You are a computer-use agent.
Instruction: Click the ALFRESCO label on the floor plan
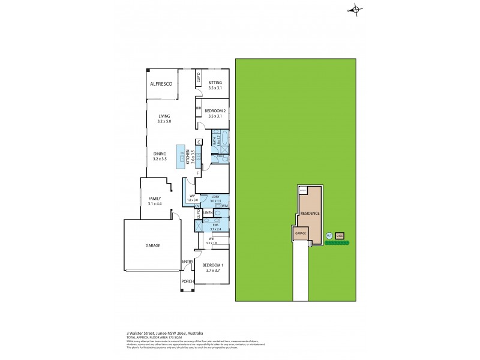tap(161, 85)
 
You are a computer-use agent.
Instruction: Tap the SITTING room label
tap(215, 83)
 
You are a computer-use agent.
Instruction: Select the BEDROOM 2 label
tap(215, 111)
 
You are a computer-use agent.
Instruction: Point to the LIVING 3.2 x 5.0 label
tap(164, 119)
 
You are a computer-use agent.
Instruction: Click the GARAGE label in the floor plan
tap(152, 245)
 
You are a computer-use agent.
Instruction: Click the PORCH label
tap(188, 280)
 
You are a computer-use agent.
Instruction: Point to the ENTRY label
tap(188, 261)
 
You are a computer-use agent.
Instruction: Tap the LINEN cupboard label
tap(208, 213)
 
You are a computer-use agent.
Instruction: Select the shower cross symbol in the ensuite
tap(198, 226)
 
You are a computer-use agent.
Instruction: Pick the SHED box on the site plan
tap(340, 235)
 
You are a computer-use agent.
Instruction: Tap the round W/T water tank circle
tap(329, 235)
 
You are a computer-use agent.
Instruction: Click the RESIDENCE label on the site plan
tap(310, 213)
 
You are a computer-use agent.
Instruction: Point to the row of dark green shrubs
tap(336, 244)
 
